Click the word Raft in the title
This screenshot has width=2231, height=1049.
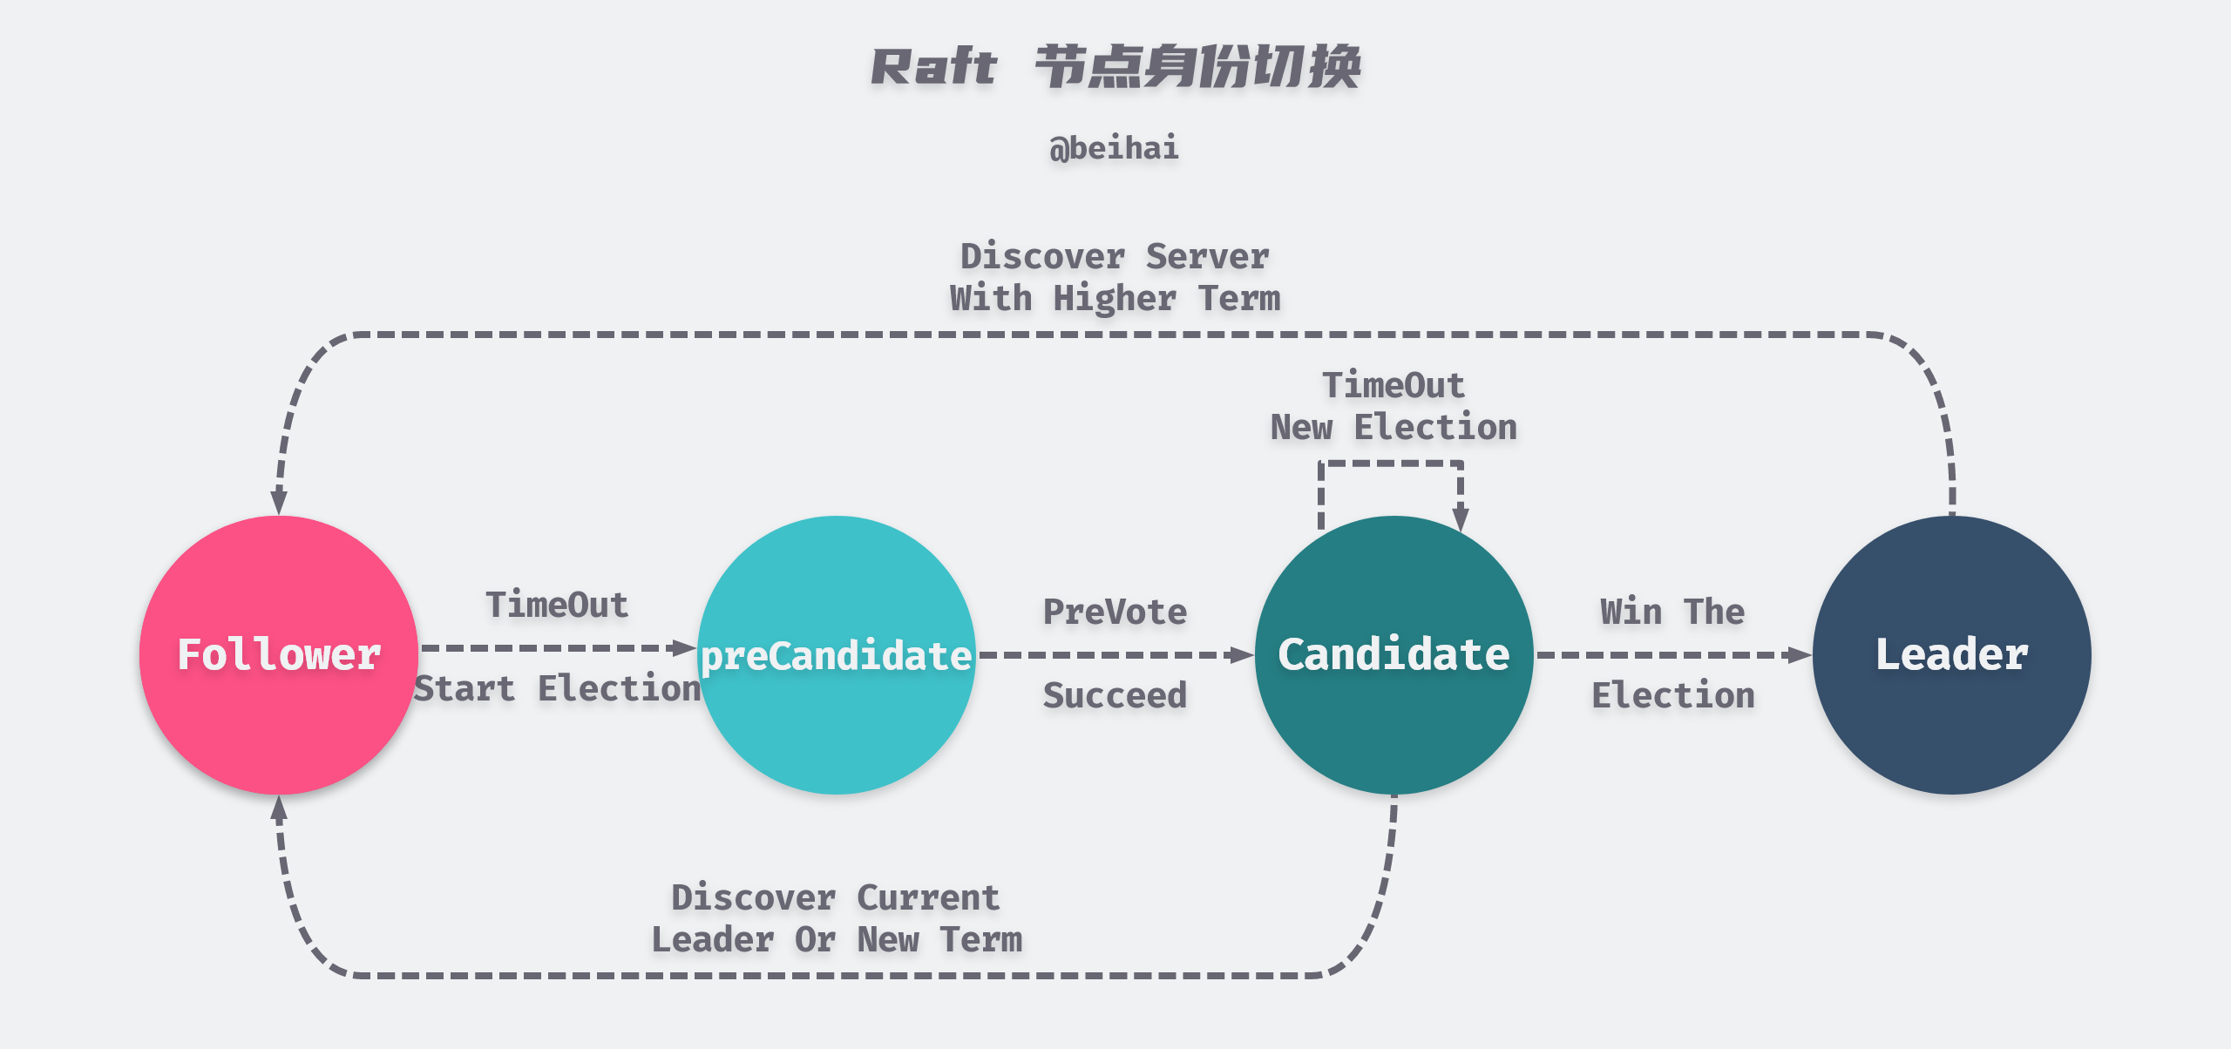tap(933, 67)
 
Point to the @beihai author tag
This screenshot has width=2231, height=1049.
tap(1115, 148)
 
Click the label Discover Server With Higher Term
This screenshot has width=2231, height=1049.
tap(1115, 277)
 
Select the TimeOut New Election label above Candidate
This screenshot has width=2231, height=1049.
tap(1394, 406)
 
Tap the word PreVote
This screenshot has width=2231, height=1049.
tap(1115, 612)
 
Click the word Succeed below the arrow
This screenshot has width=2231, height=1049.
tap(1115, 695)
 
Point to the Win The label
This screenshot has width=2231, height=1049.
tap(1672, 612)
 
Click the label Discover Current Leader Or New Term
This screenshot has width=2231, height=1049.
tap(837, 918)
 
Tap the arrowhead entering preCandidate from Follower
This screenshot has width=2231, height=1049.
tap(686, 647)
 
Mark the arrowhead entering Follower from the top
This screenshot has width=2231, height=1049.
tap(279, 503)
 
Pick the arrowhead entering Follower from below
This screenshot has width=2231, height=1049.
tap(279, 809)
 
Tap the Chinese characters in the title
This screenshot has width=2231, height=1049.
tap(1198, 67)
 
